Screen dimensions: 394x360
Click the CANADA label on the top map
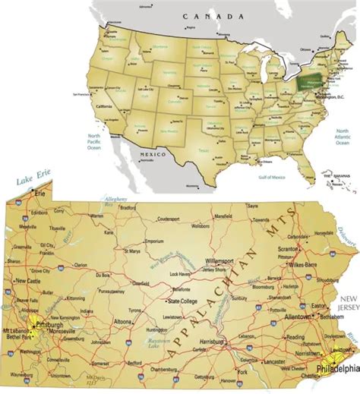click(x=211, y=14)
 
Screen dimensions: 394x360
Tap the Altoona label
click(x=142, y=322)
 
